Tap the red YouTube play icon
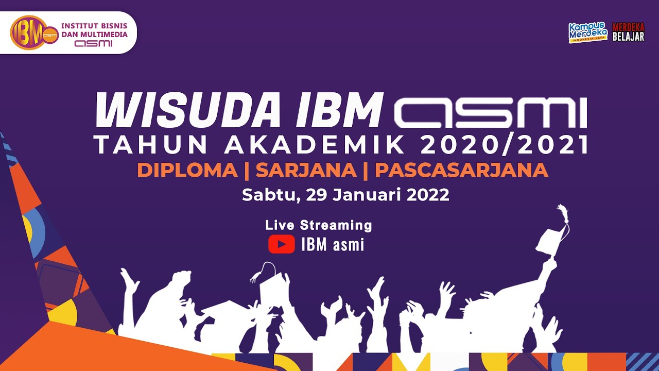point(281,244)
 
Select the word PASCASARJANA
point(461,171)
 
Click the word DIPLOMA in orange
point(187,171)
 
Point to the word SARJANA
point(306,171)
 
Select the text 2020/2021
point(505,146)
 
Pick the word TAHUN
point(152,146)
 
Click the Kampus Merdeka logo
point(588,32)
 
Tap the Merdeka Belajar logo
point(628,32)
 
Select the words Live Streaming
point(318,225)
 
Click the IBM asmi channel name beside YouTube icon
point(333,245)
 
